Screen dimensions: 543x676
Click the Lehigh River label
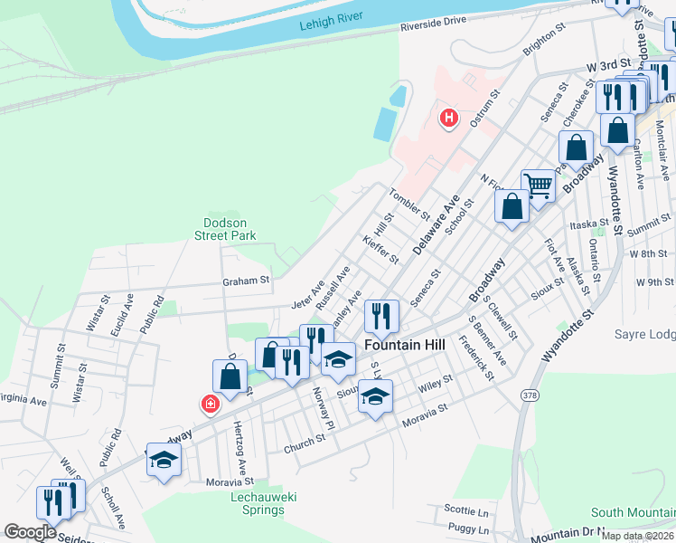(337, 27)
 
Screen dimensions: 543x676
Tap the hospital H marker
(447, 118)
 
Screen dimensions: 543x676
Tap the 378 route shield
(529, 395)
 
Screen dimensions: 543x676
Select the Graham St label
(247, 281)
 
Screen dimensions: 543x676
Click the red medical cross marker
(210, 404)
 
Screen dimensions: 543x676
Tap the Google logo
(30, 532)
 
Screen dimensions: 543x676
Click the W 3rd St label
(606, 67)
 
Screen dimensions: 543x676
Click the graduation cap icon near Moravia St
(375, 396)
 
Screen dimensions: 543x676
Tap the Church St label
(304, 440)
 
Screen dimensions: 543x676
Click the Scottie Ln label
(467, 510)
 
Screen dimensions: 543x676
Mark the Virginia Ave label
(23, 398)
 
